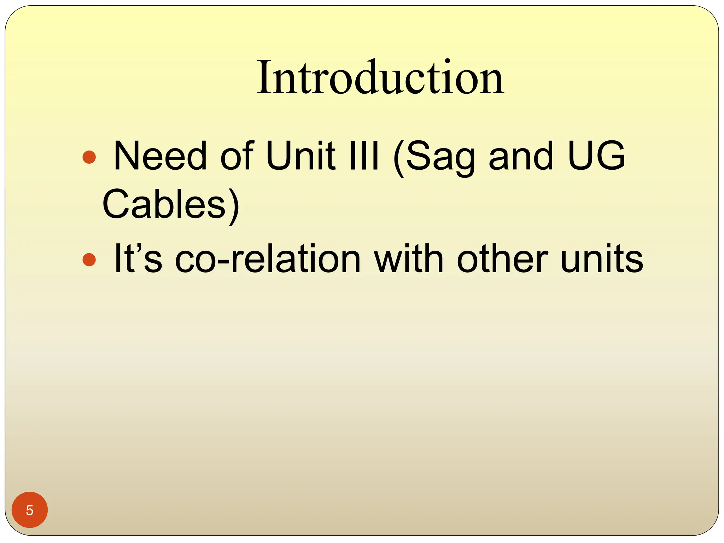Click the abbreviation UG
tap(597, 156)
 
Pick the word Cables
tap(164, 204)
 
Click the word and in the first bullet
tap(520, 156)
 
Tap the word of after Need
tap(237, 156)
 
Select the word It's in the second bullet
tap(138, 258)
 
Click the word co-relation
tap(268, 258)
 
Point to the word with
tap(409, 258)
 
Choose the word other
tap(502, 258)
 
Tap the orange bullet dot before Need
tap(89, 157)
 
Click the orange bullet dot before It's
tap(89, 259)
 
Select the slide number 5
tap(30, 510)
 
